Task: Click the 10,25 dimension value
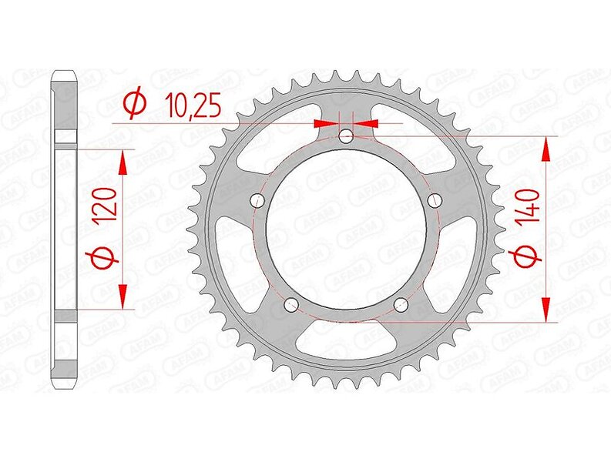point(193,106)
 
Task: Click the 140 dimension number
point(529,205)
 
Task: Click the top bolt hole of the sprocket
point(346,136)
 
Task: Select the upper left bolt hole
point(257,201)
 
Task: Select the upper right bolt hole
point(435,201)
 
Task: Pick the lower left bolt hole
point(291,305)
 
